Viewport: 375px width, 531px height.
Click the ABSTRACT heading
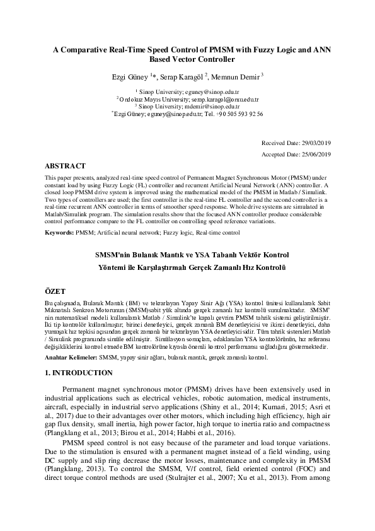[x=65, y=165]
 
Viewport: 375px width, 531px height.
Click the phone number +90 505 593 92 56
[x=239, y=114]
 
